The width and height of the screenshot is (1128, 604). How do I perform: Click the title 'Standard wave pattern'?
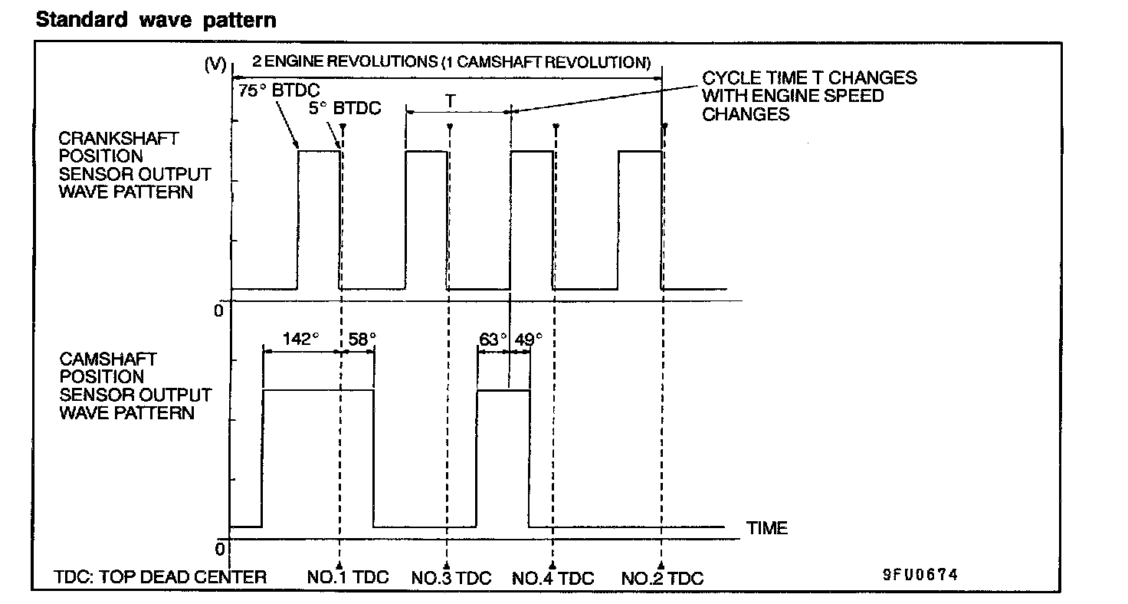pos(156,20)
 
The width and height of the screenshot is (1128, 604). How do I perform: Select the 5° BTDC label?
pos(345,108)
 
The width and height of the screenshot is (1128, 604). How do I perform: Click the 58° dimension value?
pos(362,339)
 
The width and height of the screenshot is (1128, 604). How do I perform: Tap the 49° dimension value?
pos(527,339)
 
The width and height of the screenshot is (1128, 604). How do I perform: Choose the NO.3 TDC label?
pos(451,577)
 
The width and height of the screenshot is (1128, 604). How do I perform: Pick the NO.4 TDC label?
pos(553,577)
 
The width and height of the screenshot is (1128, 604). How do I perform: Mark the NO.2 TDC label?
pos(661,577)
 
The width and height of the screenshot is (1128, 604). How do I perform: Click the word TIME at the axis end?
pos(767,528)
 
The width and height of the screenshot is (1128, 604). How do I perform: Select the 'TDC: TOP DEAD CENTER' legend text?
pos(160,577)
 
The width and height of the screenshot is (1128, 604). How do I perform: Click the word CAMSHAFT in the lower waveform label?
pos(97,359)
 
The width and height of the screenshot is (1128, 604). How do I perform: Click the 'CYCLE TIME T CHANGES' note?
pos(809,78)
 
